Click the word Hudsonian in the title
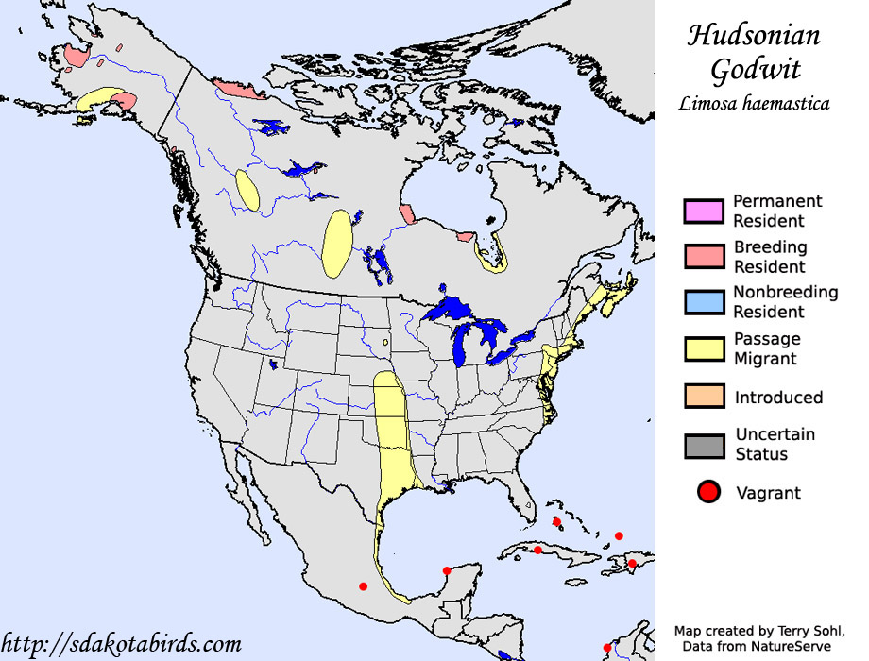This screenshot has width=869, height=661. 754,36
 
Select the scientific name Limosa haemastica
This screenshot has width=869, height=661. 754,104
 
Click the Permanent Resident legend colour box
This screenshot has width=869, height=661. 704,211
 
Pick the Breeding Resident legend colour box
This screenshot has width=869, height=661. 704,257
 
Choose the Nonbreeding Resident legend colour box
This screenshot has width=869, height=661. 704,302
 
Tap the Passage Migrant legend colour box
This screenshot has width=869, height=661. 704,348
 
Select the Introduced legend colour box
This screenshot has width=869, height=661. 704,397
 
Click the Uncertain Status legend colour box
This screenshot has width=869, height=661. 704,444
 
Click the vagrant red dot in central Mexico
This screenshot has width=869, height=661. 363,586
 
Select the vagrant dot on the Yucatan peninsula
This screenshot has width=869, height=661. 446,570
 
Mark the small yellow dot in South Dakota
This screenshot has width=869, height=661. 385,343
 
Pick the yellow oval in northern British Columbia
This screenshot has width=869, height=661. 247,189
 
